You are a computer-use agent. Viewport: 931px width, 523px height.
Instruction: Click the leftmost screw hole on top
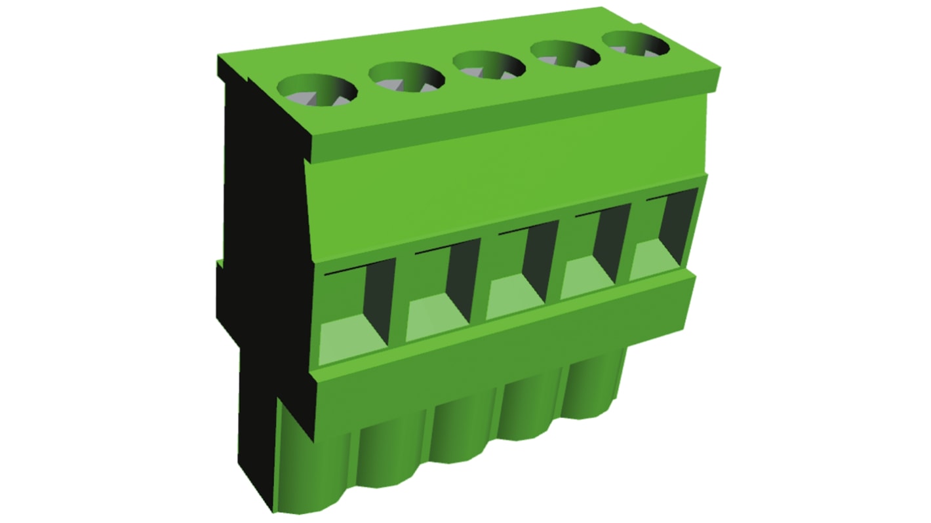[x=318, y=90]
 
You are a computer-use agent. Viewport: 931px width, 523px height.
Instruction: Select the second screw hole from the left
[x=406, y=77]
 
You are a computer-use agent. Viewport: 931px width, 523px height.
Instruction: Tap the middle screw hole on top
[x=488, y=65]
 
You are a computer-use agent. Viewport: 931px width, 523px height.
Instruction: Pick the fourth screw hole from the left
[x=566, y=54]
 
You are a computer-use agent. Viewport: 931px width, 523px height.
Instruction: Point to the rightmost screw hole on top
[x=636, y=43]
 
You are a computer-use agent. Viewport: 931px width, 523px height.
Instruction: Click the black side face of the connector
[x=262, y=262]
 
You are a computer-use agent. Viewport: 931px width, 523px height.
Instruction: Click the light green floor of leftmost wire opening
[x=351, y=341]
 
